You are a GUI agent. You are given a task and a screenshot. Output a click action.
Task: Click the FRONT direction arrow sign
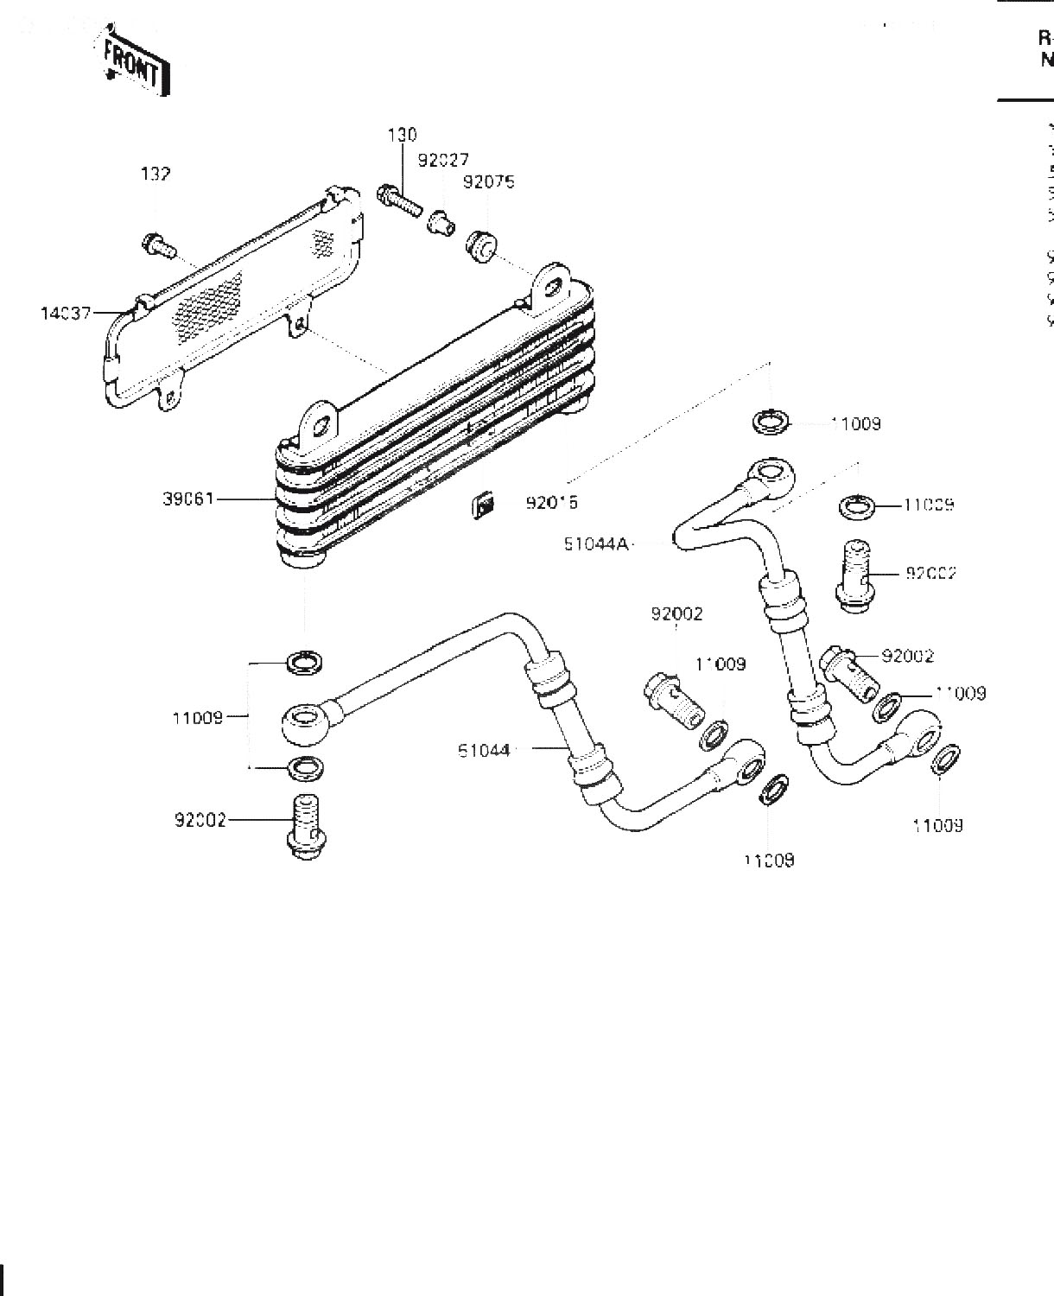pyautogui.click(x=135, y=64)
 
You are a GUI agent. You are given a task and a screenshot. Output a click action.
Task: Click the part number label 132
pyautogui.click(x=156, y=175)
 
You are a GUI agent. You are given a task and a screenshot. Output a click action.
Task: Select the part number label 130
pyautogui.click(x=402, y=135)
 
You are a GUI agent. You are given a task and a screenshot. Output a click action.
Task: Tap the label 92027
pyautogui.click(x=443, y=161)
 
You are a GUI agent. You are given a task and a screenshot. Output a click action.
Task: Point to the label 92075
pyautogui.click(x=488, y=182)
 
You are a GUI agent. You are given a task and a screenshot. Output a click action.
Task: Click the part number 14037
pyautogui.click(x=66, y=313)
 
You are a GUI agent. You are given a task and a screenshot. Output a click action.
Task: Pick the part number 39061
pyautogui.click(x=187, y=499)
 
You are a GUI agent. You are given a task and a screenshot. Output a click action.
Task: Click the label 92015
pyautogui.click(x=551, y=502)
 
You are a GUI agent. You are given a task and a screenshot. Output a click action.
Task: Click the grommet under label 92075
pyautogui.click(x=482, y=246)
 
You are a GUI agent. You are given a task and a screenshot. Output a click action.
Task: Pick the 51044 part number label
pyautogui.click(x=484, y=751)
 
